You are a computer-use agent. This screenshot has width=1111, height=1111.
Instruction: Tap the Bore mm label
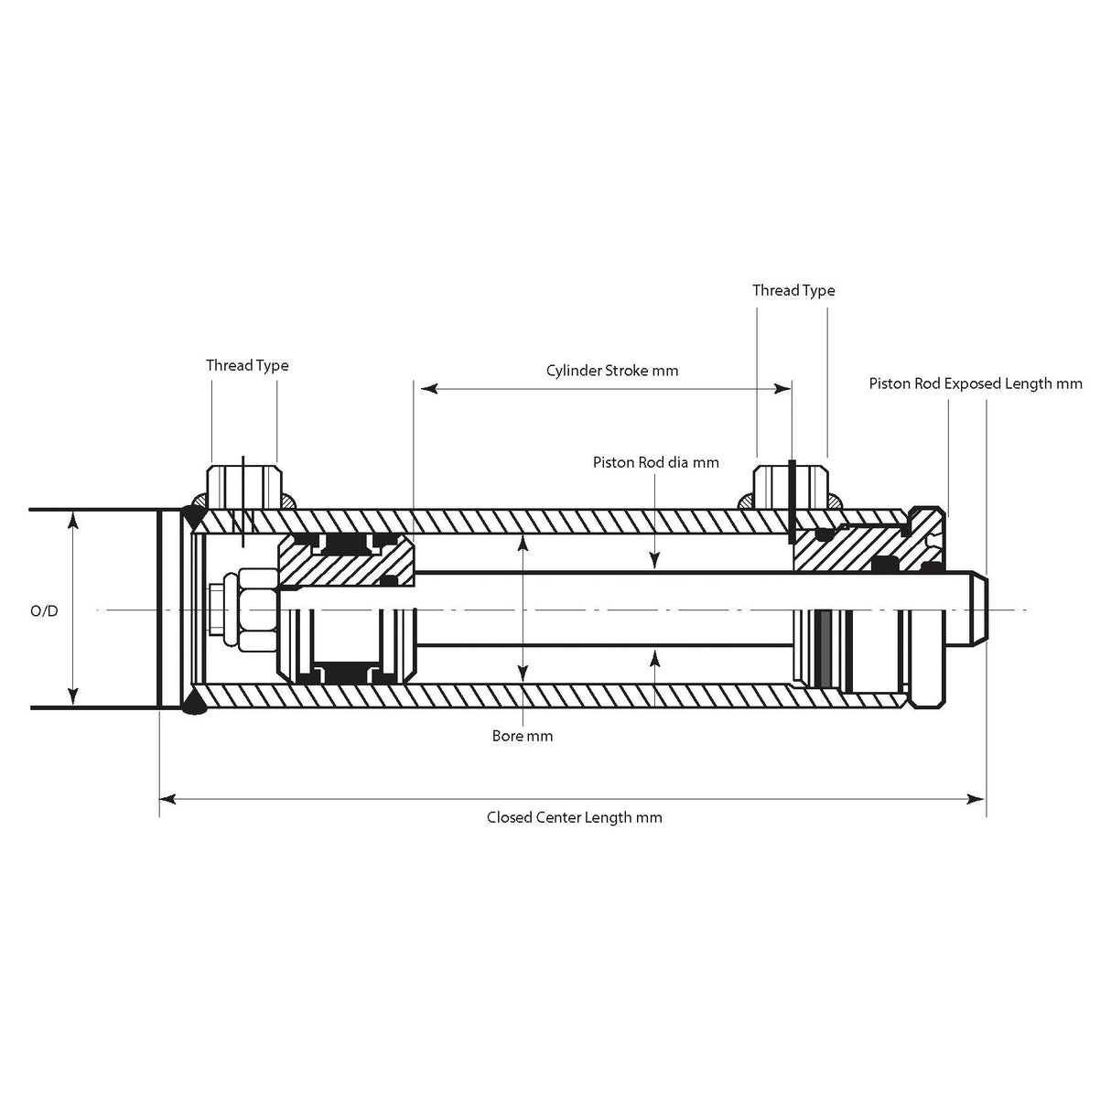point(522,736)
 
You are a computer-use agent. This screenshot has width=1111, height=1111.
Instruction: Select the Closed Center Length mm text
point(574,817)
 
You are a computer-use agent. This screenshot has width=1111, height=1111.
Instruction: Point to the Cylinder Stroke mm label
point(612,371)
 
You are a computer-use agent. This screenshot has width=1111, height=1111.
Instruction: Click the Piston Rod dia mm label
point(655,462)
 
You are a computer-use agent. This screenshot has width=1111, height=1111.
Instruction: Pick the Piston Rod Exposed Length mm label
point(976,383)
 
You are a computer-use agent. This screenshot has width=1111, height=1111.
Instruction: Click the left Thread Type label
point(247,365)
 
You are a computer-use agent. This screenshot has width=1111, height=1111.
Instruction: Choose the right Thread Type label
point(793,290)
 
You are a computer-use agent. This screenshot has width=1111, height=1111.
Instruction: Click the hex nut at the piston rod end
point(256,609)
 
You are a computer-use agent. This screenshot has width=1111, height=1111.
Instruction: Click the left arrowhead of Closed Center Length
point(167,799)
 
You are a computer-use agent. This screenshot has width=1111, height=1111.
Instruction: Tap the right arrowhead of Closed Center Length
point(978,799)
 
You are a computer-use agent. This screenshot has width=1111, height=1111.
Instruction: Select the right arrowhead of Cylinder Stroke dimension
point(784,389)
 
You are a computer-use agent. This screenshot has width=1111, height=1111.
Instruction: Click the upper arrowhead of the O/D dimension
point(73,520)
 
